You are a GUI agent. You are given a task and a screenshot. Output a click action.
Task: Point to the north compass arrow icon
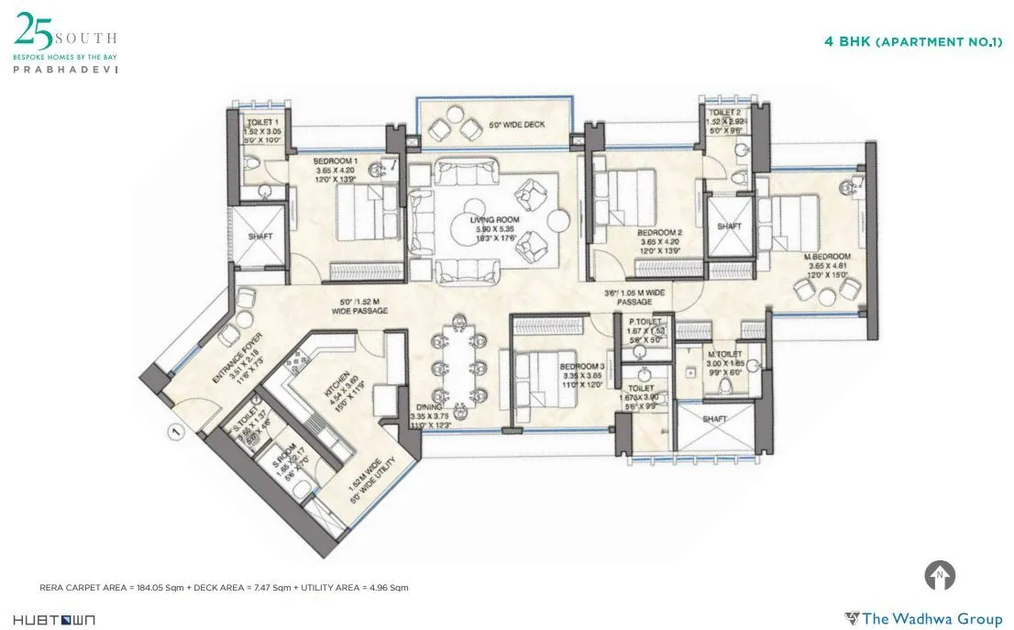(940, 576)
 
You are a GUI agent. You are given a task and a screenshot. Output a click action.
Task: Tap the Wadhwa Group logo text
(923, 618)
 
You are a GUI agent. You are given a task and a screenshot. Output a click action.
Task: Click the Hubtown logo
(54, 620)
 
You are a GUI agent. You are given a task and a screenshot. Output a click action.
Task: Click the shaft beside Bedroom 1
(260, 237)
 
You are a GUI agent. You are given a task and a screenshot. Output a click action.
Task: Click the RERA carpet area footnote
(225, 587)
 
